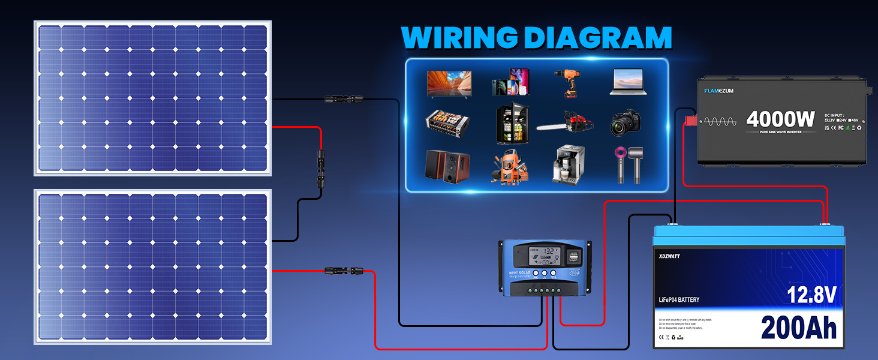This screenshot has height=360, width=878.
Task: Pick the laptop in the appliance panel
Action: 628,82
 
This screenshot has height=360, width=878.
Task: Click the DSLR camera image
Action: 627,123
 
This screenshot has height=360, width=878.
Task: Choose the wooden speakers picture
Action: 448,165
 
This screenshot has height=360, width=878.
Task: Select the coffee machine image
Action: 567,164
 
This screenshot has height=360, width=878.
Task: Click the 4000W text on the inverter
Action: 781,119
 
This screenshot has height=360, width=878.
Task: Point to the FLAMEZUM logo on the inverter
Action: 718,91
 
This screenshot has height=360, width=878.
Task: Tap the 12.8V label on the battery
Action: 812,295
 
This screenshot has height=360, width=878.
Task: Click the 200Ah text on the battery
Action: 798,328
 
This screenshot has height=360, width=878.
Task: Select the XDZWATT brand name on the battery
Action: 669,256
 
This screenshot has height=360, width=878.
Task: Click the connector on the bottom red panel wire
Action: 340,271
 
